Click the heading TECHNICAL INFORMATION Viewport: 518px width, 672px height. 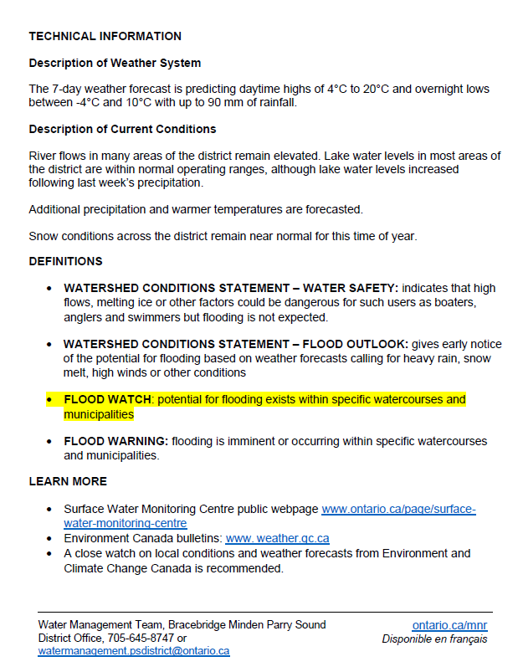[x=105, y=36]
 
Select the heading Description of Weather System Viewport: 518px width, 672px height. [x=115, y=63]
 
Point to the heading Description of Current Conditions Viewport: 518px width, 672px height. [x=122, y=129]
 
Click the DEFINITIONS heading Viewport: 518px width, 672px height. [x=65, y=261]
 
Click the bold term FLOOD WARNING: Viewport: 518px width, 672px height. [x=116, y=441]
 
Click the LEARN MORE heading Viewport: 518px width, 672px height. [x=68, y=481]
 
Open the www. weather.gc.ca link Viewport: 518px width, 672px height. [x=277, y=538]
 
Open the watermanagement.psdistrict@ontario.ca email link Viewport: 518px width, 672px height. [x=134, y=650]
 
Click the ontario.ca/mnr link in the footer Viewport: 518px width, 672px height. [x=449, y=625]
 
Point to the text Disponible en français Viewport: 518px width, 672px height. [x=434, y=639]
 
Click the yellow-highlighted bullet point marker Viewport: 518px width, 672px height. [x=50, y=400]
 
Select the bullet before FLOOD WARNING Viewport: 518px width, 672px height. [x=50, y=441]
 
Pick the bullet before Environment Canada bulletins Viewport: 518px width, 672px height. [x=50, y=539]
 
